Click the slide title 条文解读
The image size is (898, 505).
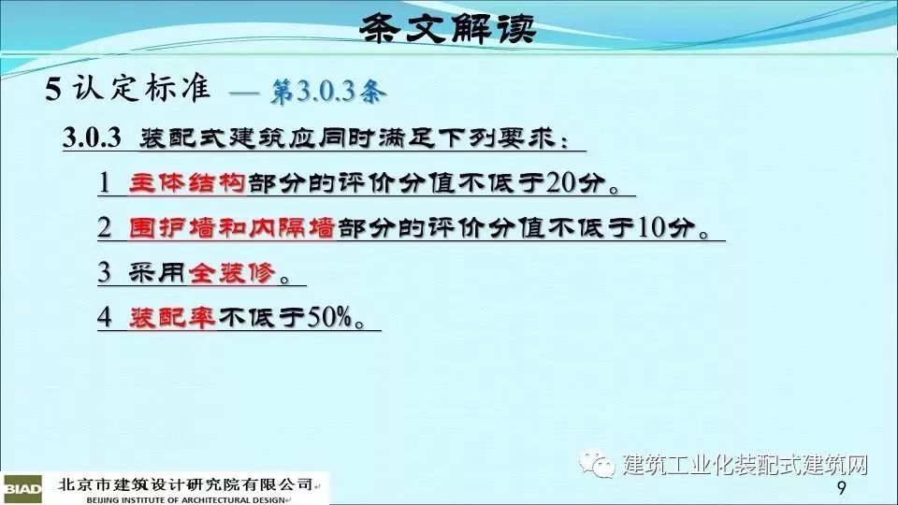(448, 28)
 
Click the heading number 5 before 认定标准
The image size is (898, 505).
(53, 90)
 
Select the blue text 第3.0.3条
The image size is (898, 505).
(327, 92)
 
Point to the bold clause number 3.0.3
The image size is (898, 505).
(92, 138)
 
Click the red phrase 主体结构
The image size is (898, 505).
(187, 182)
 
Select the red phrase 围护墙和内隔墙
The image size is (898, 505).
(232, 228)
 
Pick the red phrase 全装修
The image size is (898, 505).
(231, 272)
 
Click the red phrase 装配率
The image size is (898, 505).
(172, 317)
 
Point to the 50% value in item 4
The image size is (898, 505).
(329, 317)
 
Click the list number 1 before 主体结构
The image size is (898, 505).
(104, 183)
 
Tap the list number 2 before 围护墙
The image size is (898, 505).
(104, 228)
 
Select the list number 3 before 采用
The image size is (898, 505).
(104, 272)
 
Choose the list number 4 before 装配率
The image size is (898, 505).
(104, 317)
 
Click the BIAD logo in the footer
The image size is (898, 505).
(22, 489)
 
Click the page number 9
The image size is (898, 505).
(841, 488)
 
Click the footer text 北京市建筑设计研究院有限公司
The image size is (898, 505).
(185, 485)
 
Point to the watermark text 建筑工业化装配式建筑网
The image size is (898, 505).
(746, 464)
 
